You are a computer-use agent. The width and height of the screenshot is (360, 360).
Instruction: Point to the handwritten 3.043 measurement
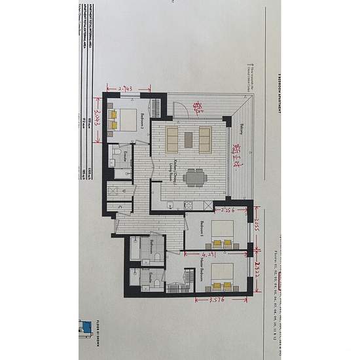[98, 120]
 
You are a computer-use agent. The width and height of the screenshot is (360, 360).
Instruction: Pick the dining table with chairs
[193, 177]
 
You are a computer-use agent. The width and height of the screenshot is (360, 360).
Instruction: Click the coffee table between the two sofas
[189, 139]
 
